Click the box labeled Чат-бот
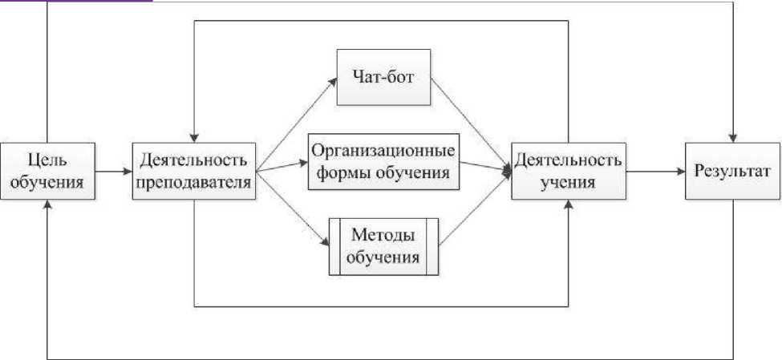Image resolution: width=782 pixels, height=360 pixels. coord(384,78)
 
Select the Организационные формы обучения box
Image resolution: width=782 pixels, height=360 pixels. coord(383,161)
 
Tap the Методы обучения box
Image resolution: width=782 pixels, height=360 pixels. coord(384,247)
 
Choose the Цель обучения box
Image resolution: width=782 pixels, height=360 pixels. coord(48,171)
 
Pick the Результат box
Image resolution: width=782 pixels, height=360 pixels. coord(733,171)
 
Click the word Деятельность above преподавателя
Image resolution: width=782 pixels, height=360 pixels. coord(196,158)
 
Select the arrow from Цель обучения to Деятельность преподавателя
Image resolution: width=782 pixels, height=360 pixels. coord(115,171)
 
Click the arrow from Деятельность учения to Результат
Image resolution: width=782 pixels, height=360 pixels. coord(654,171)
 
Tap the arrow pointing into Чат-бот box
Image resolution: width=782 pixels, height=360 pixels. coord(297,120)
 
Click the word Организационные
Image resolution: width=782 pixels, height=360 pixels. coord(383,151)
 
